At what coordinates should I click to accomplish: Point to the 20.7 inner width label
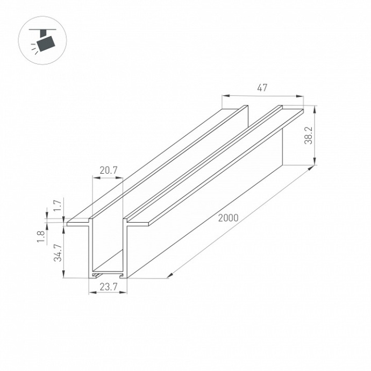click(x=108, y=170)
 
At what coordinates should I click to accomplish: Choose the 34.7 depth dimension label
click(x=59, y=252)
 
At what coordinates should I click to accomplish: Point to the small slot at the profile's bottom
click(x=109, y=274)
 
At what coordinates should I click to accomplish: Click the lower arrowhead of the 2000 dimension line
click(x=169, y=275)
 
